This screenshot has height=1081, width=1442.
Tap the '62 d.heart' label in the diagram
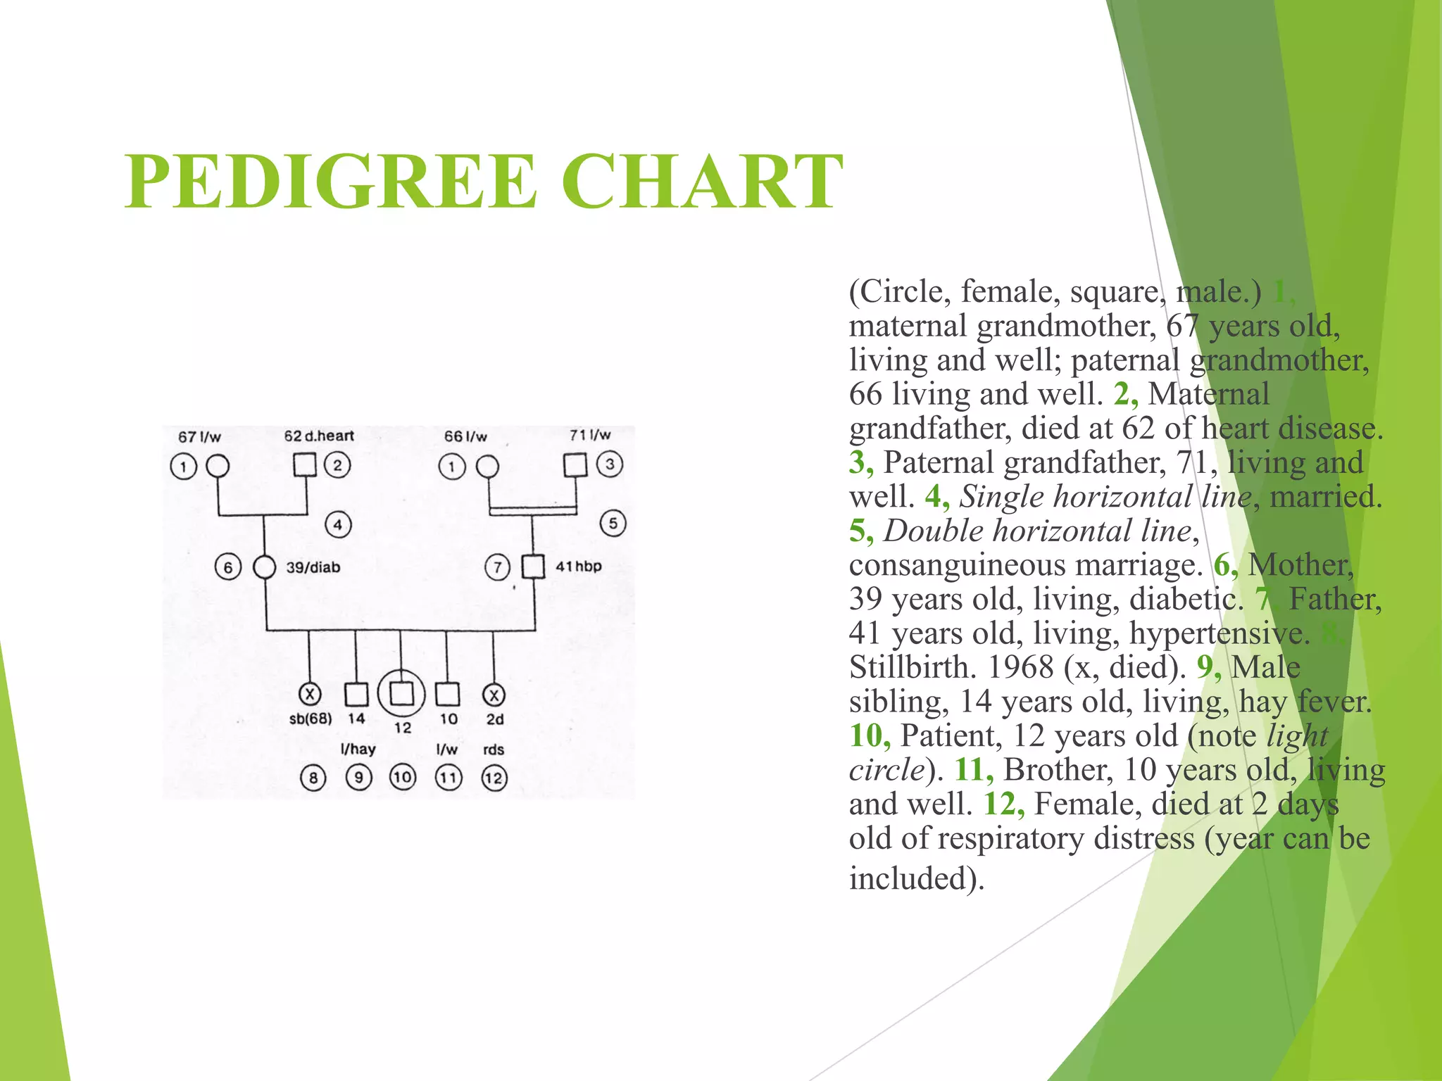coord(319,436)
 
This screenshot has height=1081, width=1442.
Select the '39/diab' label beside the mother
coord(313,567)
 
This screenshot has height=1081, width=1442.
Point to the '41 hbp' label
coord(578,567)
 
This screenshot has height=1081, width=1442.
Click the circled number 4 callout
coord(338,525)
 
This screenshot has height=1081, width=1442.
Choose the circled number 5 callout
coord(613,524)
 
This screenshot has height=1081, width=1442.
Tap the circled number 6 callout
coord(227,567)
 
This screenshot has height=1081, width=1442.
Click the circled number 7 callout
coord(497,567)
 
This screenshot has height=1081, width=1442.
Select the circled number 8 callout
coord(313,778)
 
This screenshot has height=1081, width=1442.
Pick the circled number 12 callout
coord(494,778)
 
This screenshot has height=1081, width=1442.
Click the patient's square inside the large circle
coord(401,694)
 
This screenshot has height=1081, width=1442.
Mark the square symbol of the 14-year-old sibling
coord(356,695)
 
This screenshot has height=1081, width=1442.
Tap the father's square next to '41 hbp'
coord(533,567)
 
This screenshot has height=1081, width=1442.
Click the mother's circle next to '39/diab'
coord(264,567)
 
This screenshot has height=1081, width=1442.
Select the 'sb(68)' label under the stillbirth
coord(311,719)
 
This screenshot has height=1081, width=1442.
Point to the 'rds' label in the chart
coord(494,750)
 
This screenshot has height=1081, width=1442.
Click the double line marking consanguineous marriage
coord(532,511)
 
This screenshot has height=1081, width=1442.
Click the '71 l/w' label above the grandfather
coord(590,435)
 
